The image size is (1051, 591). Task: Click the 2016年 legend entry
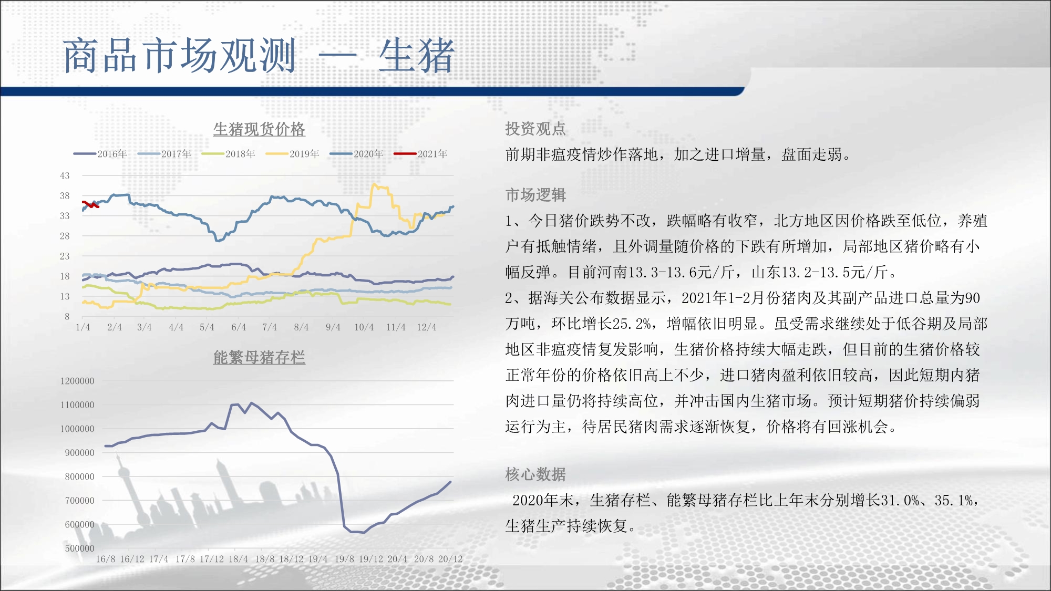100,154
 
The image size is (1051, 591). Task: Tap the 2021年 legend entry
421,154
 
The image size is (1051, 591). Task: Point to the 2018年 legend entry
229,154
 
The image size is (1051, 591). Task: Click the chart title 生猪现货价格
259,129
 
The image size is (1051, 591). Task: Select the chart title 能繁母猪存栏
259,357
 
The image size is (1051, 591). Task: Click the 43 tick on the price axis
65,176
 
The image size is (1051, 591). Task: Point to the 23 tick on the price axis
65,256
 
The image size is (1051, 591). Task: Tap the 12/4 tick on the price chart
427,327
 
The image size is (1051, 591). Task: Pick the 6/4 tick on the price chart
239,327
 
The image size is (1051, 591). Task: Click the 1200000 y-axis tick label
77,381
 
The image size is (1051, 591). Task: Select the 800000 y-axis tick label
80,477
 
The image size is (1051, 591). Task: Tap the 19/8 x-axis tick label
344,559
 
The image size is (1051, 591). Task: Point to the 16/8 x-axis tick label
106,559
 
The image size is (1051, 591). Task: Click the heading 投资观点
535,129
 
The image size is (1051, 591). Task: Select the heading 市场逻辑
535,195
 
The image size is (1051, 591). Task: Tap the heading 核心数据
535,474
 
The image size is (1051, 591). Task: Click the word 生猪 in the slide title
416,56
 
